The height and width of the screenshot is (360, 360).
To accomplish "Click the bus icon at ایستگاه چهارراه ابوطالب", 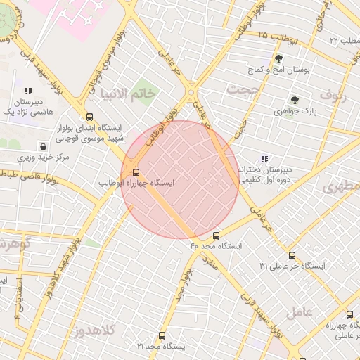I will (136, 172).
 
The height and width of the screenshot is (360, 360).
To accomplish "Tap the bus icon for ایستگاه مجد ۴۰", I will (216, 236).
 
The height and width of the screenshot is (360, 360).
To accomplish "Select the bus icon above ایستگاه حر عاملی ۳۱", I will (292, 255).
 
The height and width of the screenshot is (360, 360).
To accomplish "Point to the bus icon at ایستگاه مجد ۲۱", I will (162, 336).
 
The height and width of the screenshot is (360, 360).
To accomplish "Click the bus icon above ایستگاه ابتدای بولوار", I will (89, 117).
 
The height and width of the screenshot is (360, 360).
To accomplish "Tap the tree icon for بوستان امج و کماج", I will (279, 59).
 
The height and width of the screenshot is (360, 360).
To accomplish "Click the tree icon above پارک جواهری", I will (295, 100).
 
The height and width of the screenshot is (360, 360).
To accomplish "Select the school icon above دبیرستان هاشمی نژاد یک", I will (28, 91).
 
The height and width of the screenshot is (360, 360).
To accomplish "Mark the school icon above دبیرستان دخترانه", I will (264, 159).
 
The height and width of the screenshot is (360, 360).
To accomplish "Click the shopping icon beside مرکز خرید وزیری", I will (44, 147).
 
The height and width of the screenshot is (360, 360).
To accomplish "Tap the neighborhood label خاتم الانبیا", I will (127, 93).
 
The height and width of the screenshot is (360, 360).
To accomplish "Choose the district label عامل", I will (300, 310).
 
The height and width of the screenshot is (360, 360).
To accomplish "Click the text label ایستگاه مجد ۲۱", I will (162, 347).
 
